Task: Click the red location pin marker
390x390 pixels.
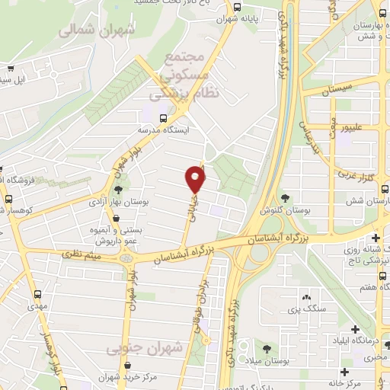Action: point(196,180)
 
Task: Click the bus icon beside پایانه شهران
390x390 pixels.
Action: point(238,7)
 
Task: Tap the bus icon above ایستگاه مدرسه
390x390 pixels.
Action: point(162,117)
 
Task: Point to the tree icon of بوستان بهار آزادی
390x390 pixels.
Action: point(118,189)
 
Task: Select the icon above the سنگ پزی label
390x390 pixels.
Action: point(306,296)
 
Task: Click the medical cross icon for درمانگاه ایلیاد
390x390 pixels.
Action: point(356,328)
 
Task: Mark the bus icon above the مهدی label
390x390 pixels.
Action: point(38,293)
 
